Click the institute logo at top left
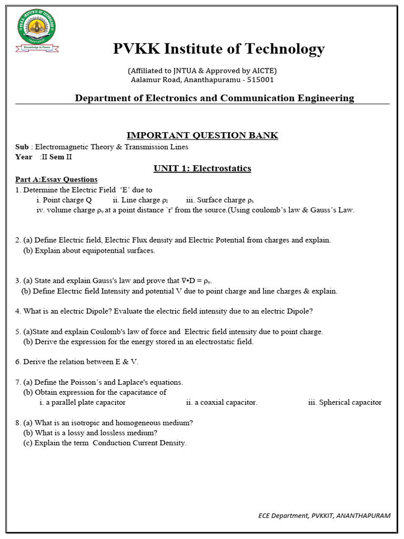point(36,29)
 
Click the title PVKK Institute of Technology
point(219,49)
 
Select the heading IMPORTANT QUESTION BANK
point(203,135)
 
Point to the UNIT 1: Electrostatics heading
point(202,168)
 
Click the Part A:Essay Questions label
point(56,179)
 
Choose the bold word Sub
point(22,147)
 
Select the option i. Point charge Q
point(64,200)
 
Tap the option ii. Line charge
point(140,200)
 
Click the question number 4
point(18,311)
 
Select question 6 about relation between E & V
point(77,362)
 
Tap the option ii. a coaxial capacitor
point(221,402)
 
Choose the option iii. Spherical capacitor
point(345,402)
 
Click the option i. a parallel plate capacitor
point(82,402)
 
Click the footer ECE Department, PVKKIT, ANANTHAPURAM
point(324,515)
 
